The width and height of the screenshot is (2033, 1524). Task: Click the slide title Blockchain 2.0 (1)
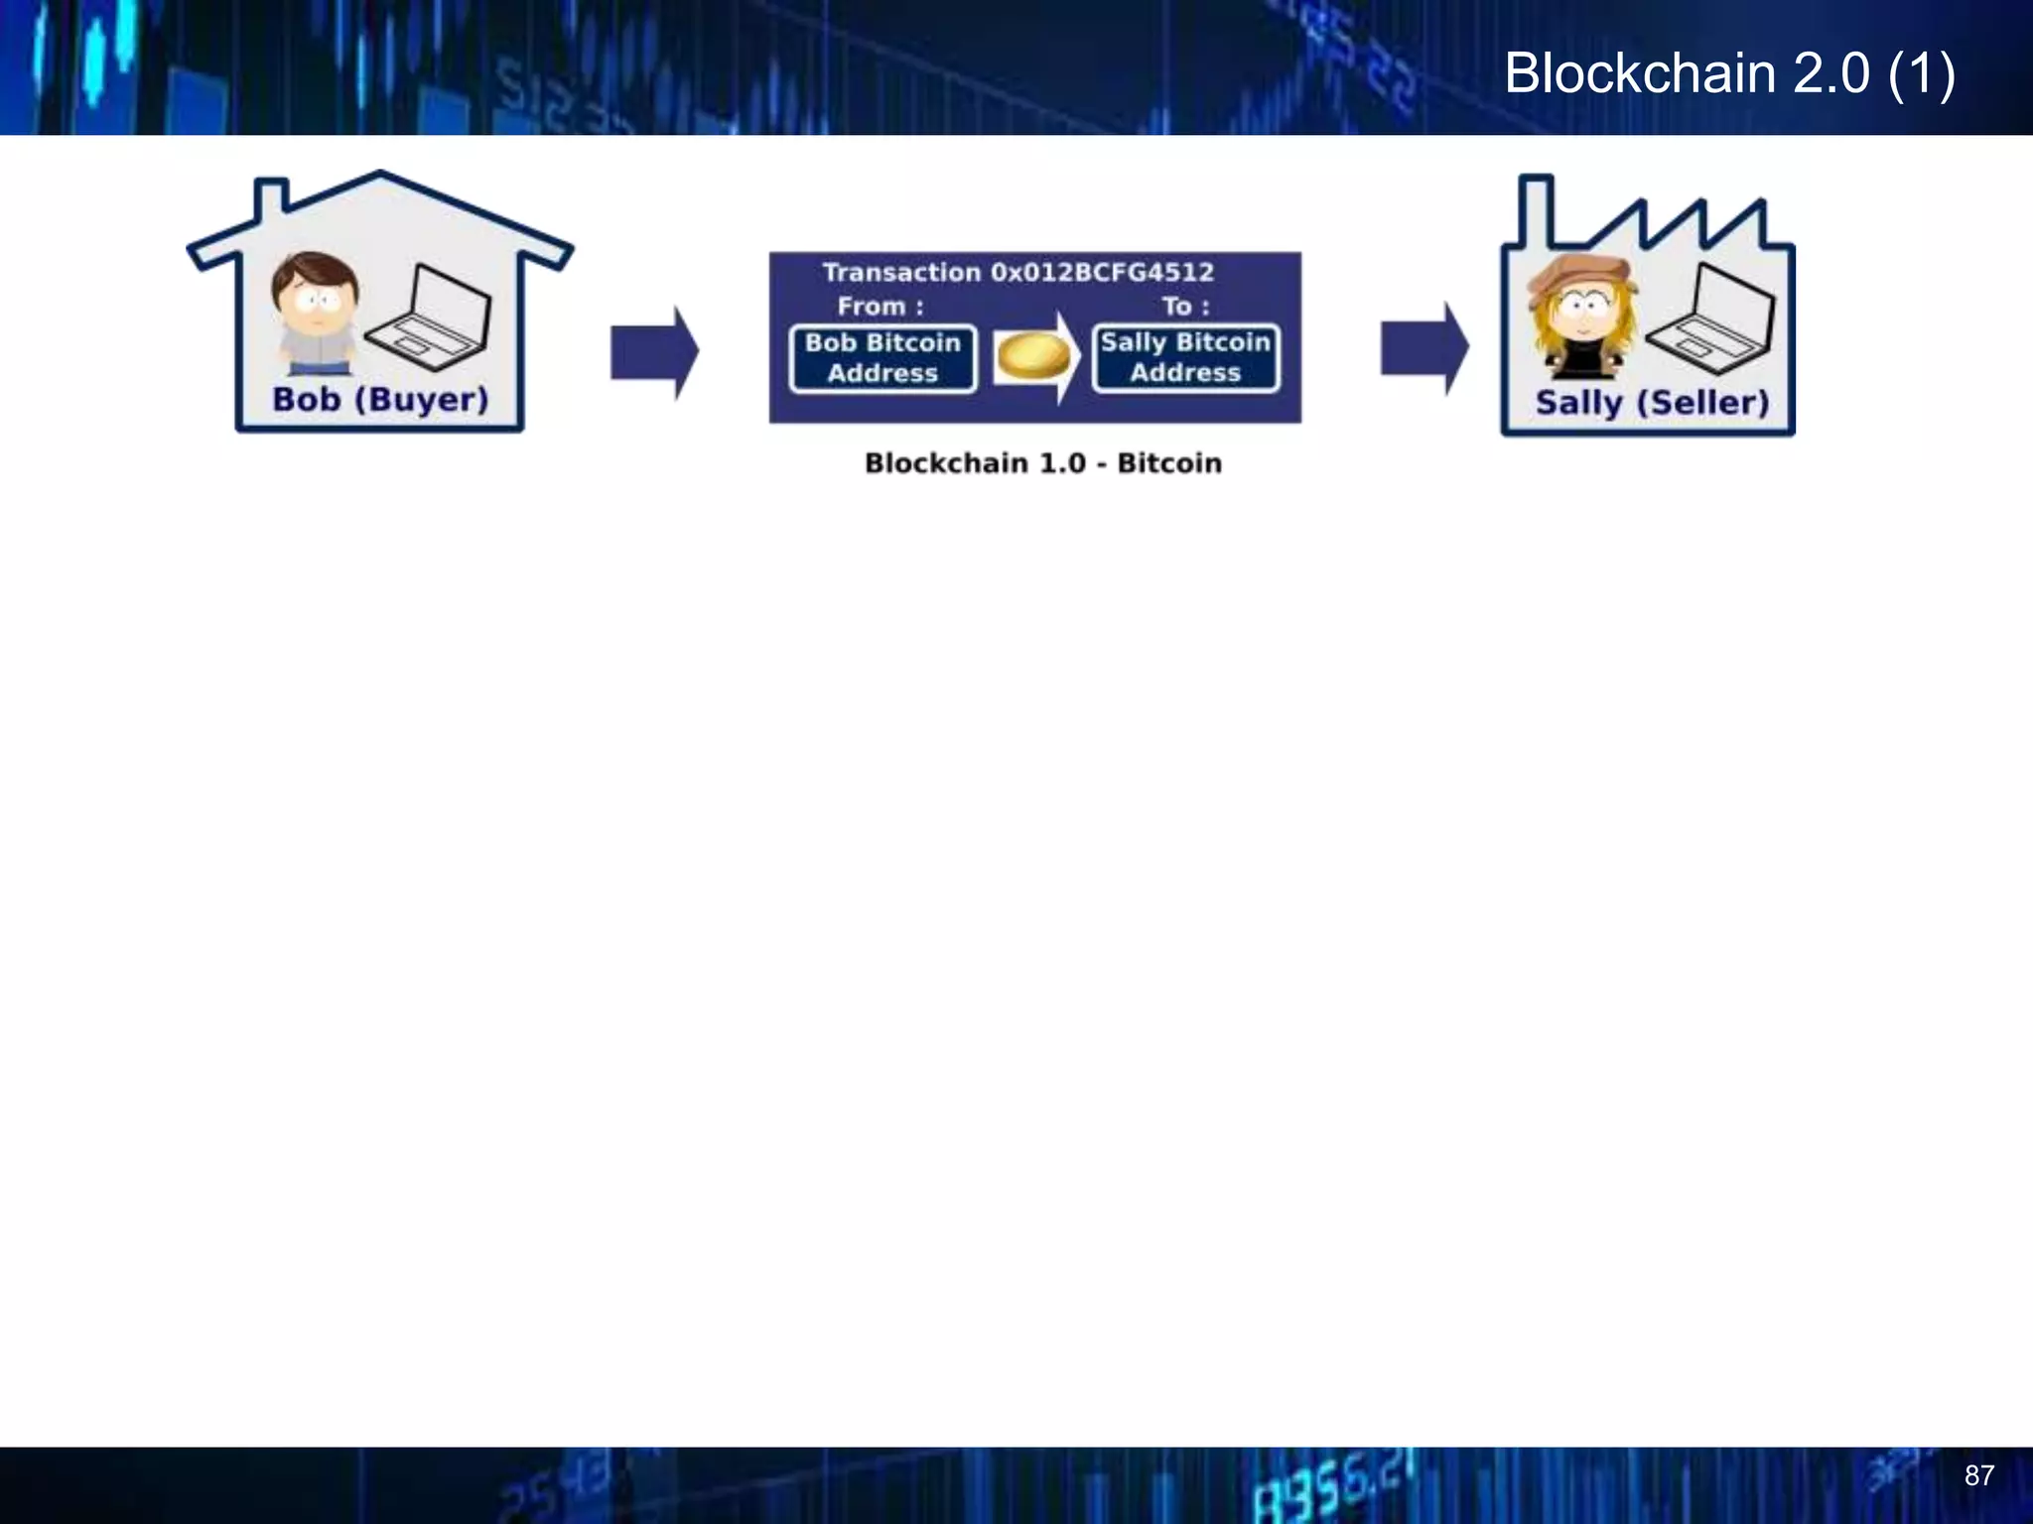click(x=1729, y=73)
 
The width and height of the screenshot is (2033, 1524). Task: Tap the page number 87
click(x=1978, y=1475)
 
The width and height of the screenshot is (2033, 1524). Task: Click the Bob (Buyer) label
click(x=380, y=400)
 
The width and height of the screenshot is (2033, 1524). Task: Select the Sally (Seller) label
click(x=1652, y=403)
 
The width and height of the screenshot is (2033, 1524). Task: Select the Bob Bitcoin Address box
click(x=882, y=358)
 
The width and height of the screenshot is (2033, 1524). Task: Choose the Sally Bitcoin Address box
click(x=1185, y=358)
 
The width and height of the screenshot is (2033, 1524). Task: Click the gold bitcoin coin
click(x=1033, y=356)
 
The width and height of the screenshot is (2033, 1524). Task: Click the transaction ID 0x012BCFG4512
click(x=1102, y=272)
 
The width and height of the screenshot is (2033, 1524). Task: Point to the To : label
click(x=1185, y=307)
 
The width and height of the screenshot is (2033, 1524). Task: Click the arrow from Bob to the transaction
click(x=653, y=352)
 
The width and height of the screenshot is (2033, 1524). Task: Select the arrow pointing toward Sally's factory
click(x=1423, y=349)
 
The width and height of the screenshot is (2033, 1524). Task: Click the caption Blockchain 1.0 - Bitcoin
click(x=1042, y=463)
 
